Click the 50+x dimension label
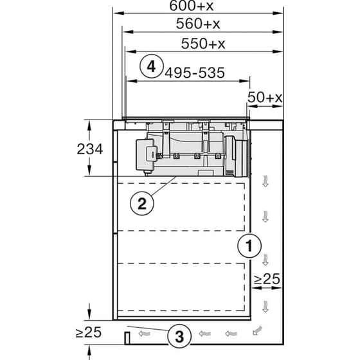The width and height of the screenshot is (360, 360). [x=265, y=97]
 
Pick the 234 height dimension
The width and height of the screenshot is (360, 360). [x=91, y=149]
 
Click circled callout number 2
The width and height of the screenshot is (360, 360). [x=142, y=204]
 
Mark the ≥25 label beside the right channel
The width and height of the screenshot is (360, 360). [x=265, y=280]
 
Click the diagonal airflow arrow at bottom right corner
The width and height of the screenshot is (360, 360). [x=258, y=332]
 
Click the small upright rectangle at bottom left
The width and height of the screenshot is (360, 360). [x=127, y=337]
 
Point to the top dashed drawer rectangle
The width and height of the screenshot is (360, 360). [x=183, y=206]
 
